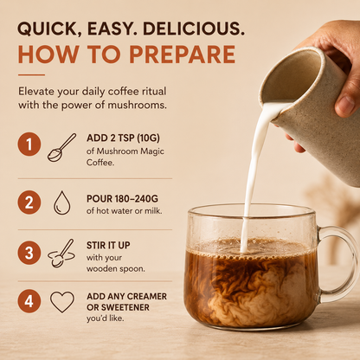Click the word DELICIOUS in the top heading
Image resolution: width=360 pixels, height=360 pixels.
point(194,29)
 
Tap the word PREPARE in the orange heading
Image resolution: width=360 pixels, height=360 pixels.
point(183,55)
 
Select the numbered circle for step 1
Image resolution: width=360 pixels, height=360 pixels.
point(29,144)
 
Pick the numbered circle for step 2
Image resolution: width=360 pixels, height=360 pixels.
point(29,202)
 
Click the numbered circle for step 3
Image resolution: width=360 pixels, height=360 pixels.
point(29,253)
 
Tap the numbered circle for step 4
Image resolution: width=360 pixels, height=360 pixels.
point(29,301)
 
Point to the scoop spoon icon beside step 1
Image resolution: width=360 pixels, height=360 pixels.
point(61,147)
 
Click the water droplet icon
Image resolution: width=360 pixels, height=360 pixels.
point(62,202)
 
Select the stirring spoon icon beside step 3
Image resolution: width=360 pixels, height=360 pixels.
point(61,253)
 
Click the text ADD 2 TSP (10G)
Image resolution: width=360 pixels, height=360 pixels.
point(123,138)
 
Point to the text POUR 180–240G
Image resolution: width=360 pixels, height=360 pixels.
point(122,199)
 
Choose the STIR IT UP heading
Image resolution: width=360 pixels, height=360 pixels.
point(108,246)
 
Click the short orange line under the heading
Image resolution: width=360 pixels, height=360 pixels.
point(31,75)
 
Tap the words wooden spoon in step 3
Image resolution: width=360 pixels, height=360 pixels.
point(116,269)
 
